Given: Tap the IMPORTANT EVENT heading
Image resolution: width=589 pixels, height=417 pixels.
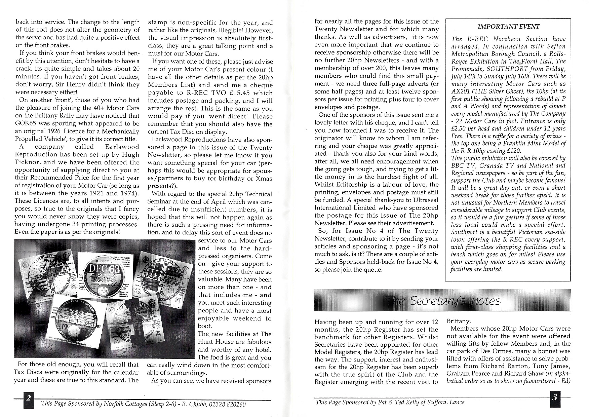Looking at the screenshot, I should pyautogui.click(x=508, y=27).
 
